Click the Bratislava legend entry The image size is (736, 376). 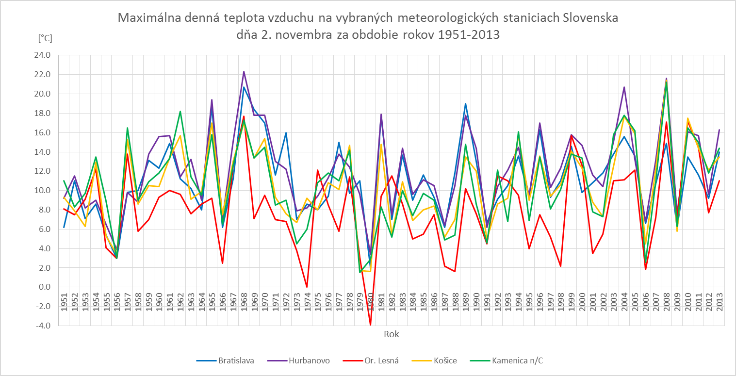[236, 360]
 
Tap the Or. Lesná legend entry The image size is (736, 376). [379, 360]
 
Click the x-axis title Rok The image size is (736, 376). [391, 334]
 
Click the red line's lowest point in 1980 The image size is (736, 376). [370, 325]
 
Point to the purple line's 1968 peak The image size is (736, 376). [244, 71]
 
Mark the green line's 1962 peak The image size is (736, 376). [180, 111]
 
